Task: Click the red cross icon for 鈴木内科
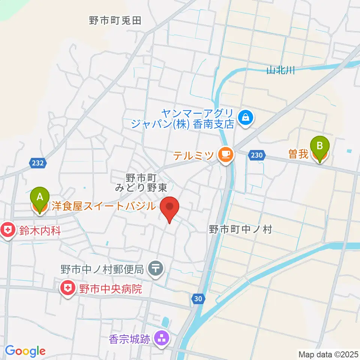pos(7,229)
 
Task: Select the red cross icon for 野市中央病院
pos(67,288)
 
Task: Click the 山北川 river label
pos(280,70)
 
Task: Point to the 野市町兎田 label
pos(115,21)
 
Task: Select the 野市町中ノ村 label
pos(240,229)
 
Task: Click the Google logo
pos(25,351)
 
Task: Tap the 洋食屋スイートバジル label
pos(103,206)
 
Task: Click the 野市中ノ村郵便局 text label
pos(102,269)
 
